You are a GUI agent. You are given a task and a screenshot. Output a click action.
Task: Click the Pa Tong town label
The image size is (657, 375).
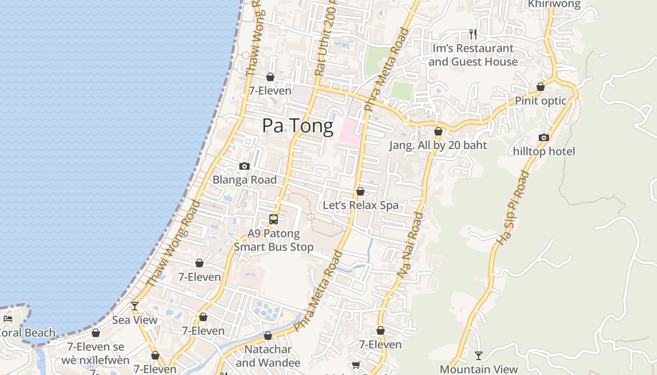click(x=298, y=126)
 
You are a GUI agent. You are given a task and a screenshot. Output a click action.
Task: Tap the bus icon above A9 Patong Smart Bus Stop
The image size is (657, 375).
click(x=274, y=219)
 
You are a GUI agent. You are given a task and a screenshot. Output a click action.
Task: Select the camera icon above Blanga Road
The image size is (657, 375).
click(x=244, y=166)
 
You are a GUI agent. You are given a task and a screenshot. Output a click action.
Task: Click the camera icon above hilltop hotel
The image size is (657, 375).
click(x=544, y=137)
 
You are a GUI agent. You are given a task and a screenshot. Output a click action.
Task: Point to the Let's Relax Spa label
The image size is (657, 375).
click(x=360, y=205)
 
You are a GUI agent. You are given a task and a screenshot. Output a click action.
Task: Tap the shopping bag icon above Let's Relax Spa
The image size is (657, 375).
click(x=360, y=191)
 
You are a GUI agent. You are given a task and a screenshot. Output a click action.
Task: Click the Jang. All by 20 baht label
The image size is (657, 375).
click(x=438, y=145)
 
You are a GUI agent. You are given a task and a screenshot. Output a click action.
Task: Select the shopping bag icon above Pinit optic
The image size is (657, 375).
click(x=541, y=87)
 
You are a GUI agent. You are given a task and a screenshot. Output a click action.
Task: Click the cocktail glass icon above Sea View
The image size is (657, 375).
click(x=135, y=306)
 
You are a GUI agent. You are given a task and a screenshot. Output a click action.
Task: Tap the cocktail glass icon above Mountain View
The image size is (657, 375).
click(x=479, y=356)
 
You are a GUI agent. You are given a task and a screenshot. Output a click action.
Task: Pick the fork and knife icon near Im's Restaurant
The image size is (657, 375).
click(x=473, y=34)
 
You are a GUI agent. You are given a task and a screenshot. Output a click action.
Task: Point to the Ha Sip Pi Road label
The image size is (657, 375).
click(x=513, y=208)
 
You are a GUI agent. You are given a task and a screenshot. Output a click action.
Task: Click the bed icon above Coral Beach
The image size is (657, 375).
click(x=8, y=319)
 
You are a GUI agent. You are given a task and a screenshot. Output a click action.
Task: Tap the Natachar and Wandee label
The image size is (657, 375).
click(x=268, y=356)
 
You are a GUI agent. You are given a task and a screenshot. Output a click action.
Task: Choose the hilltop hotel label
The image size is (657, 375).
click(x=544, y=151)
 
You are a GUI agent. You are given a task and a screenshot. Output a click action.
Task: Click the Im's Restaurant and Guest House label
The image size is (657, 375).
click(x=473, y=55)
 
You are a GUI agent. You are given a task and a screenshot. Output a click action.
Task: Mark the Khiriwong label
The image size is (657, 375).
click(x=554, y=4)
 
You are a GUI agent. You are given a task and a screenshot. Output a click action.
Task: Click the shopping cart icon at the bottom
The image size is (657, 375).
click(x=356, y=365)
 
